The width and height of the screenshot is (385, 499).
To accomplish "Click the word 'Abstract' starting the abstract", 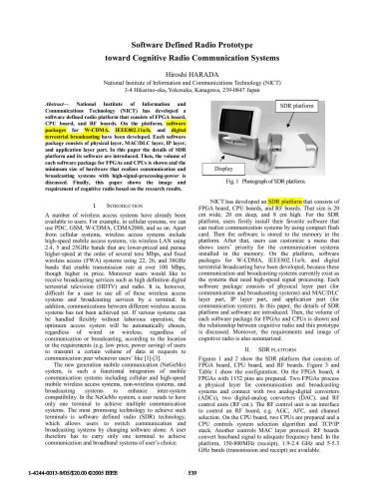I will click(29, 102).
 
